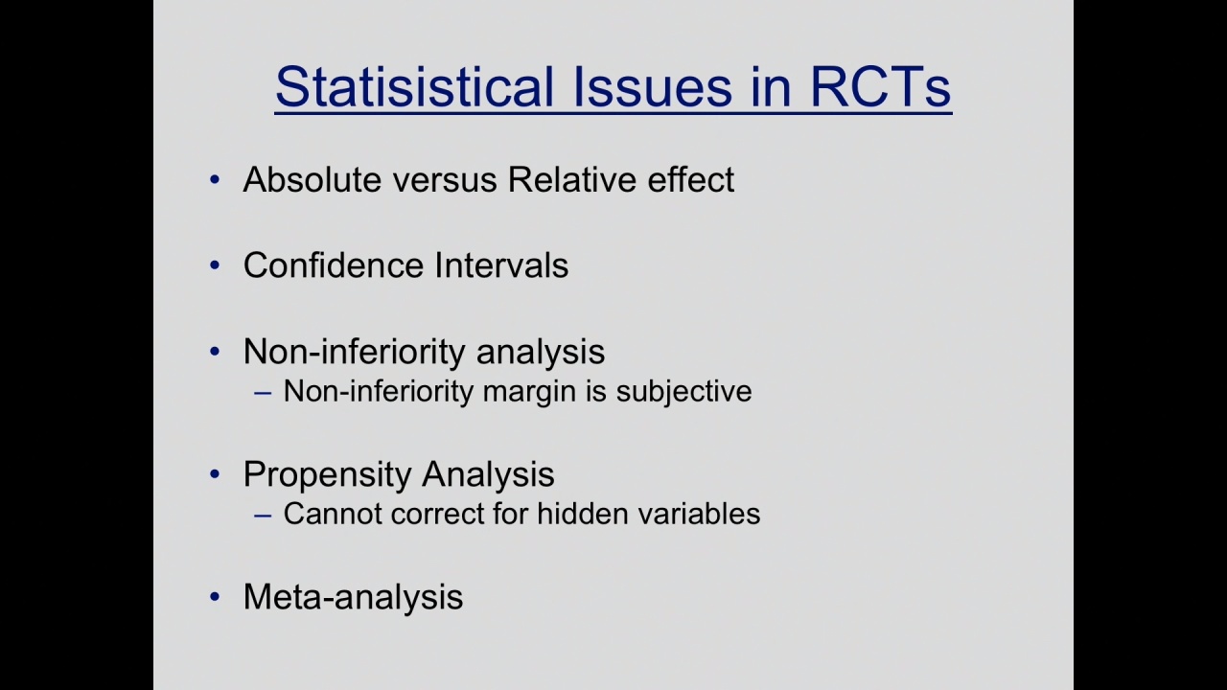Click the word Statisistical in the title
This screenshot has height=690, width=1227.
(x=415, y=86)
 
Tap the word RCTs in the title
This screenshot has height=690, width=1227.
(x=880, y=86)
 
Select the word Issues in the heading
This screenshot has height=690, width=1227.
(x=653, y=86)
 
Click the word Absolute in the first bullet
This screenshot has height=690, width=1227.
(x=312, y=179)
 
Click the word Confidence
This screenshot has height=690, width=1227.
(x=333, y=265)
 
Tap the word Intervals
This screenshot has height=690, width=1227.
(x=501, y=265)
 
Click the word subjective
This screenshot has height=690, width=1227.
(x=683, y=392)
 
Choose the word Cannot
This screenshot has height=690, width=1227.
(x=333, y=515)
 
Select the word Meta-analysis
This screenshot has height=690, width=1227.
(x=353, y=597)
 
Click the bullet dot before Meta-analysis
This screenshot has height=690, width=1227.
(x=215, y=596)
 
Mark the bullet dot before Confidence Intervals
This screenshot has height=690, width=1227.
(x=215, y=265)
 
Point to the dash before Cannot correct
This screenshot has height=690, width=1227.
(x=263, y=516)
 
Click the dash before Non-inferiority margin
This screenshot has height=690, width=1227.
(x=263, y=393)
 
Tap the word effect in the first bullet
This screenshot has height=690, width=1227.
(x=691, y=179)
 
